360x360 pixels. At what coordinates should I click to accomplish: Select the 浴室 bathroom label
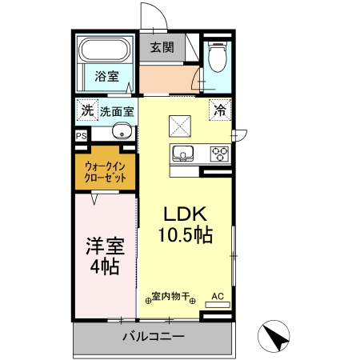coord(106,77)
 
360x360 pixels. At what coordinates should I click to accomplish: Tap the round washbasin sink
coord(122,133)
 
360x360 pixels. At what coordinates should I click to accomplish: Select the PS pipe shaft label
coord(81,137)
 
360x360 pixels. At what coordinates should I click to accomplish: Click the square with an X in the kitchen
coord(179,124)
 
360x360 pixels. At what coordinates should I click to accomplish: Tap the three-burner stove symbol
coord(219,153)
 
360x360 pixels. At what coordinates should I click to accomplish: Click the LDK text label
coord(186,214)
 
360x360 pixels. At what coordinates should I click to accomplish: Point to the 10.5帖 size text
coord(185,235)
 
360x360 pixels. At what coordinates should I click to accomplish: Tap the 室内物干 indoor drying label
coord(170,297)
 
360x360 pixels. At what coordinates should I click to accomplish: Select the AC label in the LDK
coord(217,297)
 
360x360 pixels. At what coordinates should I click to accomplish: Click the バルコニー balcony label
coord(154,337)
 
